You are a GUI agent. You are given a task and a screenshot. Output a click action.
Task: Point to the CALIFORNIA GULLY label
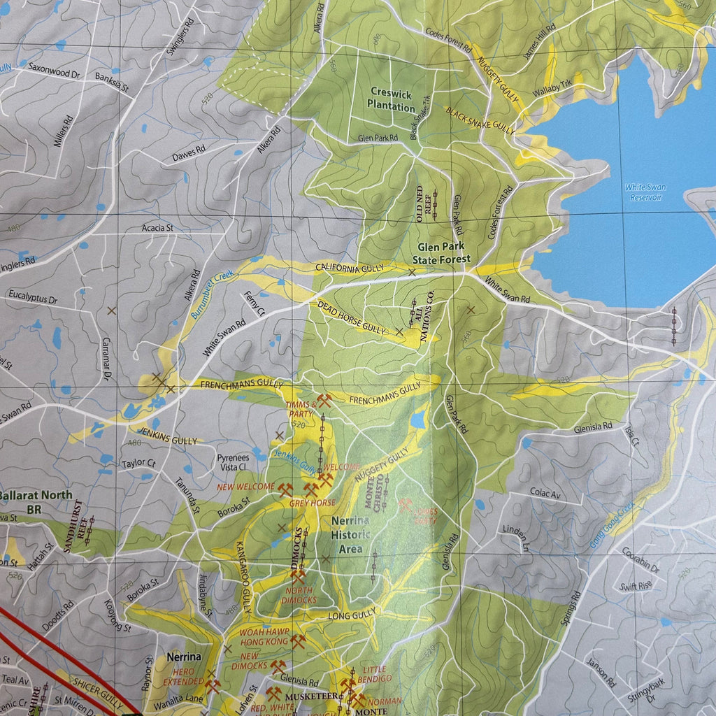pyautogui.click(x=350, y=268)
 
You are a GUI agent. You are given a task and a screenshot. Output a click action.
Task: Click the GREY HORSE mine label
pyautogui.click(x=312, y=503)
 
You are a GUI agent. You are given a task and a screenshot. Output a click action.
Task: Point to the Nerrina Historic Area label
pyautogui.click(x=350, y=535)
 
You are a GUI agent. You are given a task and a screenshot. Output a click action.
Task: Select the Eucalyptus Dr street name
pyautogui.click(x=33, y=298)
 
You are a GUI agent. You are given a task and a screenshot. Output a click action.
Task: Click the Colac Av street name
pyautogui.click(x=545, y=494)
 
